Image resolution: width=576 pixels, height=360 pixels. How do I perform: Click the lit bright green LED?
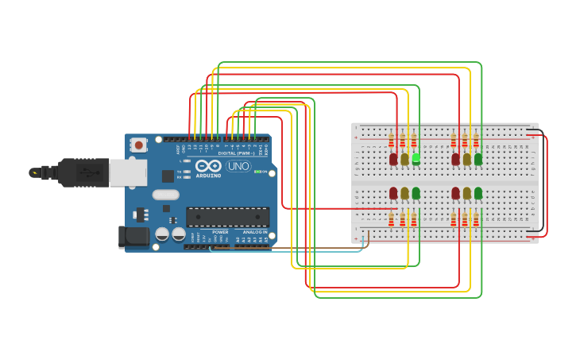416,159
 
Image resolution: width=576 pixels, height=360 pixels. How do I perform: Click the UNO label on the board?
238,166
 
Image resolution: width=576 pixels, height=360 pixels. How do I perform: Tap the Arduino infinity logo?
208,167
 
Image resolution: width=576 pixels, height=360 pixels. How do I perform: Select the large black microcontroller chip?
227,216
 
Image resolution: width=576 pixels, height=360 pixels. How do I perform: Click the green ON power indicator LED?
257,171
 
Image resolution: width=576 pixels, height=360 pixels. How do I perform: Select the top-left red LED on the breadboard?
393,159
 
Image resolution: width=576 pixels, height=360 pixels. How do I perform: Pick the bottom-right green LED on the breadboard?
478,193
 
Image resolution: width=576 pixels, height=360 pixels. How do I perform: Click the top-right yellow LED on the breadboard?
467,159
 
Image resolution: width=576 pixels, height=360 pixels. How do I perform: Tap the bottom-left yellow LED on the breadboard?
404,193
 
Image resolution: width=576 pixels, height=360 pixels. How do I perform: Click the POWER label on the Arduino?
220,232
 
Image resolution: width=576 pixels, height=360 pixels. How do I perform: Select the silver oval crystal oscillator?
166,195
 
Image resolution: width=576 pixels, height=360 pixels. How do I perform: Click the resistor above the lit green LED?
413,141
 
